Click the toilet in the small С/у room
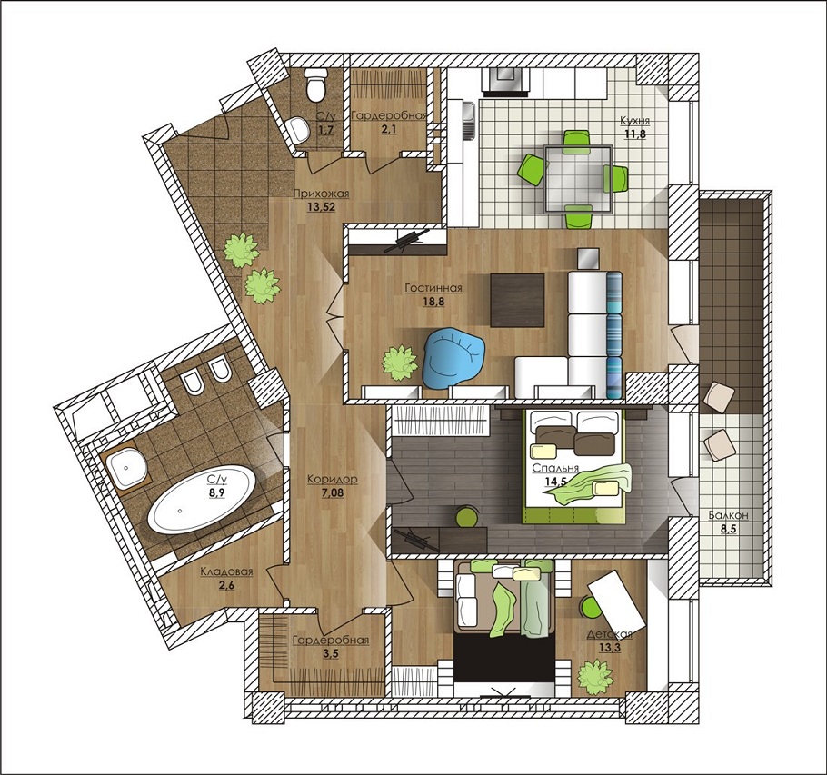coord(316,84)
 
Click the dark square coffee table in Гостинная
coord(517,300)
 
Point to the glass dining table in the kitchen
coord(577,179)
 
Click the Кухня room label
coord(635,121)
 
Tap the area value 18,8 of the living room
coord(433,302)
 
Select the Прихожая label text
coord(321,194)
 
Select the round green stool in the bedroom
coord(467,516)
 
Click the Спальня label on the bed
coord(555,468)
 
